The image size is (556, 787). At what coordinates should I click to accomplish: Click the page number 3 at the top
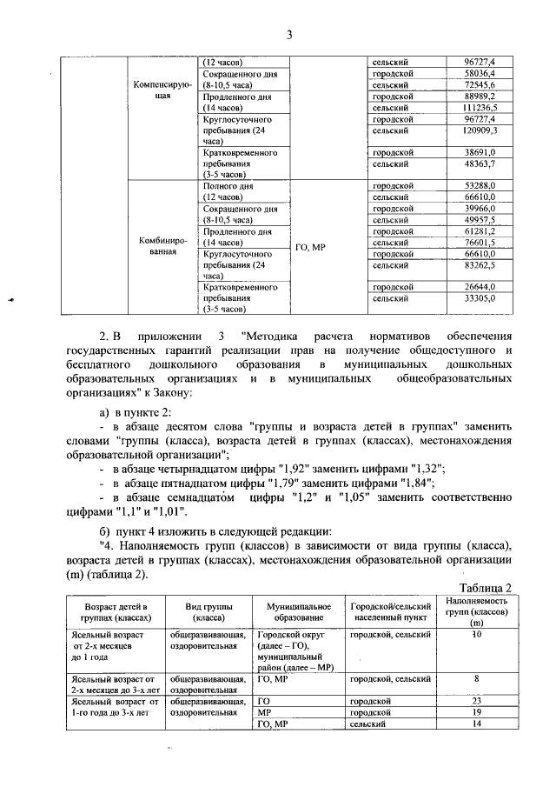click(290, 35)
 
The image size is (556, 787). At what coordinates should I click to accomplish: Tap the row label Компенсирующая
click(157, 90)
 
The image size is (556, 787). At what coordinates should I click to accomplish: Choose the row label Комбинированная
click(157, 247)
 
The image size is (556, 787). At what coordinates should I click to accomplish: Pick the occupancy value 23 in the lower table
click(477, 700)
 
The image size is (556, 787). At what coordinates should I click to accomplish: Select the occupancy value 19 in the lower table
click(477, 711)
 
